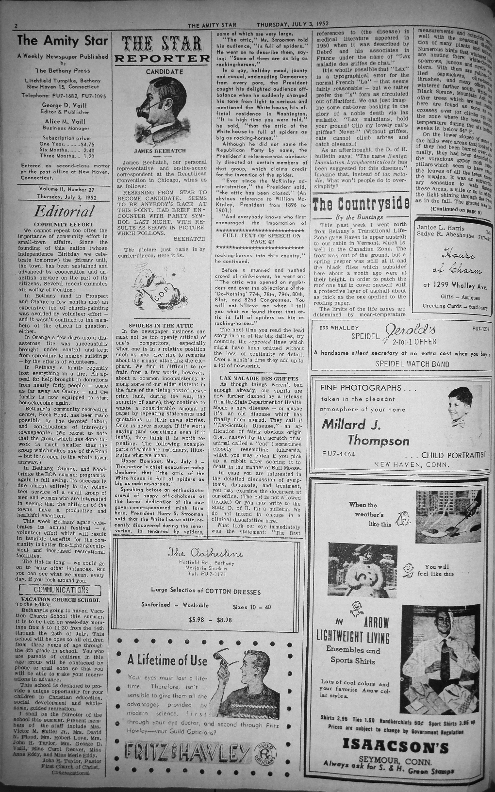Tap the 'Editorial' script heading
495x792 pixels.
63,211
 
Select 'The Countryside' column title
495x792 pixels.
361,203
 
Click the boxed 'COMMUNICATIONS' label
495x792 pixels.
61,590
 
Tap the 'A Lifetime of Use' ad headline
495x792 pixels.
167,660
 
